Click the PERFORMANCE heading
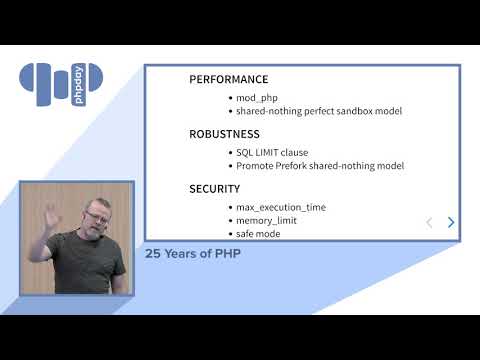click(x=229, y=79)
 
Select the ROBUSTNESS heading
click(x=225, y=133)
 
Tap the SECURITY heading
click(x=215, y=188)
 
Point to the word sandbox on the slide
click(x=342, y=111)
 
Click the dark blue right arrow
click(x=451, y=222)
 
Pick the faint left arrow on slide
click(x=429, y=222)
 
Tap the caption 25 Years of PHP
click(x=193, y=253)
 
